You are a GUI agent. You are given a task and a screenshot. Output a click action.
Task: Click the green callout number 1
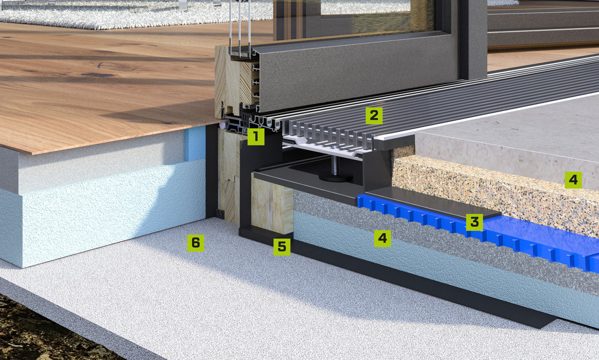[x=255, y=137]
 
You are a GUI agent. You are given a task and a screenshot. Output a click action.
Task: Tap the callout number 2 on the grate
[x=374, y=116]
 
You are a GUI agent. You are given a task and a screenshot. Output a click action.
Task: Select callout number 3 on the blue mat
[x=474, y=222]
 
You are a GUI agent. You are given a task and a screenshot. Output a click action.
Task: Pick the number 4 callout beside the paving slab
[x=573, y=180]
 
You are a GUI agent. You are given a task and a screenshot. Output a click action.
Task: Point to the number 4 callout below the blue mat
[x=383, y=239]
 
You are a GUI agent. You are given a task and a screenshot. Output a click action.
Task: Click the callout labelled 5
[x=282, y=247]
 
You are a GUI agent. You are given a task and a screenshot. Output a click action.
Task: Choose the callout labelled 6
[x=195, y=243]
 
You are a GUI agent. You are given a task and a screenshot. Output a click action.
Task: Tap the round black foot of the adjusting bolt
[x=336, y=177]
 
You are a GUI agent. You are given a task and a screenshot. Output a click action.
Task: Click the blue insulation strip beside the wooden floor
[x=195, y=145]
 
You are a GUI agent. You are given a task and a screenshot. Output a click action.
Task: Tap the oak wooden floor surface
[x=107, y=84]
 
